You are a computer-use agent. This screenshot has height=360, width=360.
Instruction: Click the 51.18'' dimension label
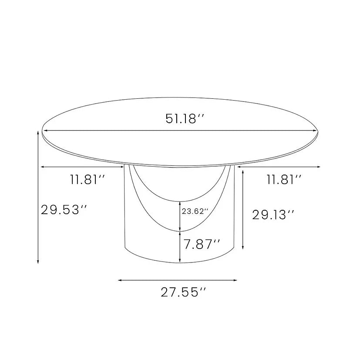point(185,119)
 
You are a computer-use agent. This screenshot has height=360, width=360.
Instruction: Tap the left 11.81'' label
point(87,179)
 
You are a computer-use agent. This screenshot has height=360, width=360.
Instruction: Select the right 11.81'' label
point(284,179)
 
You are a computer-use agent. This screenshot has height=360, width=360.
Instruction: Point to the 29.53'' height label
point(64,210)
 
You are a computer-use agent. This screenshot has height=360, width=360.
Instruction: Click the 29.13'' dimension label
point(273,215)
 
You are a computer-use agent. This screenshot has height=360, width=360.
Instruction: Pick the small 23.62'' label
point(195,211)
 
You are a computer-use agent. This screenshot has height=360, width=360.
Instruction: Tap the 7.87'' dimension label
point(202,244)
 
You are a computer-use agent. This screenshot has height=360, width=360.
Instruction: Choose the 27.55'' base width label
point(183,292)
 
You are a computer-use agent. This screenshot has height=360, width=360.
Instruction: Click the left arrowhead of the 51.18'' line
point(45,131)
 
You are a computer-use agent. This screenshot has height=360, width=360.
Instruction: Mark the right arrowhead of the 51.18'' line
point(315,131)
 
